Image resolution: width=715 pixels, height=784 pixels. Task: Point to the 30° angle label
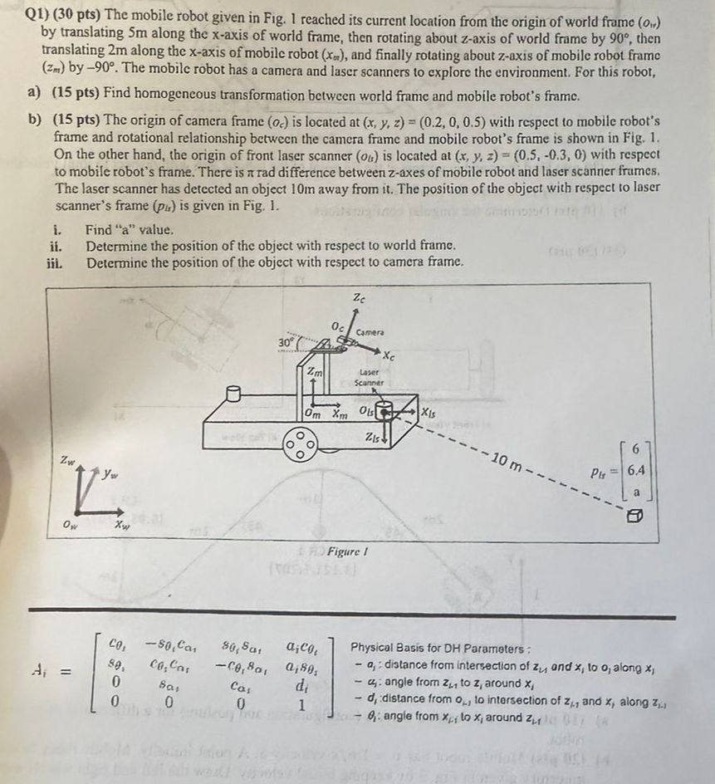pos(286,341)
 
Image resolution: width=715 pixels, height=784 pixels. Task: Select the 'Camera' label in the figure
pos(370,332)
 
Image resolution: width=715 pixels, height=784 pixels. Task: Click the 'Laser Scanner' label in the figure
pos(369,377)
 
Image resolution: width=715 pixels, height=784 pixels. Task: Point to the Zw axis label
pos(66,460)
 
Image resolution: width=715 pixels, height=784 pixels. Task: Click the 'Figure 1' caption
pos(350,551)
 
